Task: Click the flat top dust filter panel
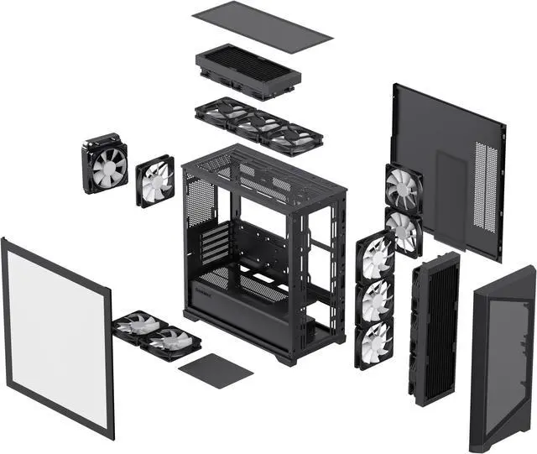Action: (x=262, y=27)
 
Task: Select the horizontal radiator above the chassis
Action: (x=248, y=70)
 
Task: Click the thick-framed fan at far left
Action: (x=105, y=164)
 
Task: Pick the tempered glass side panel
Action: (x=57, y=336)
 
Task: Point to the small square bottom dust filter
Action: (x=216, y=370)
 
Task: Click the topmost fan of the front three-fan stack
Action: (x=375, y=257)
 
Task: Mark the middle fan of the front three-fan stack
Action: (x=374, y=300)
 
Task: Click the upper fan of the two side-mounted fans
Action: (x=404, y=189)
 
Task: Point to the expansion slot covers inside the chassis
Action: (x=216, y=244)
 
